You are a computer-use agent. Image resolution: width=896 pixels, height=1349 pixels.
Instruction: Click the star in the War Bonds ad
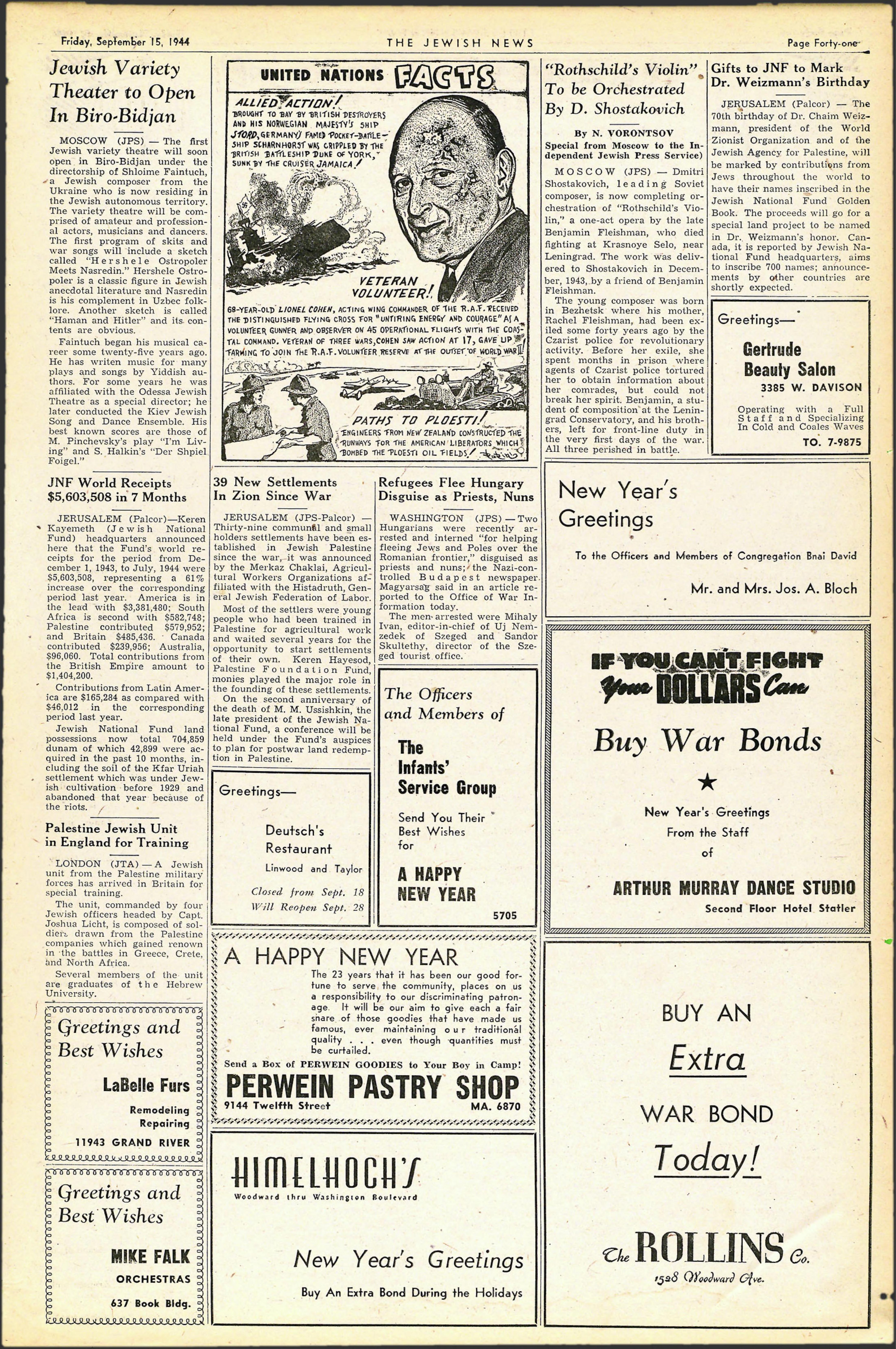(707, 782)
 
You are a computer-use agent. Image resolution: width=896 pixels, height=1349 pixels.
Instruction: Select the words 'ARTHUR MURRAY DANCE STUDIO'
(734, 888)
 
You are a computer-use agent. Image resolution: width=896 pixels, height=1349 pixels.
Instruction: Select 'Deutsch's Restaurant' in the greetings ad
(298, 839)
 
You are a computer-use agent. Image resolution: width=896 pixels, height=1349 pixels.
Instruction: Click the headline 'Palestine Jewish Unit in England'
(117, 835)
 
